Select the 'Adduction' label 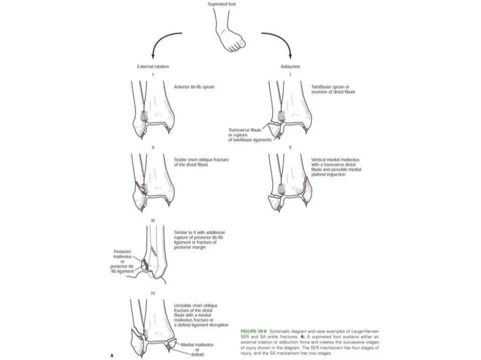[290, 67]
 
